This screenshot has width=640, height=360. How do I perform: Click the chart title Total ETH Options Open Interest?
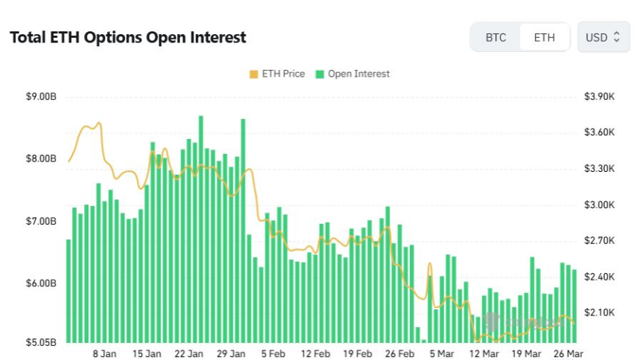(x=127, y=37)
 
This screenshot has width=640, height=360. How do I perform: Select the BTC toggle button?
(x=496, y=37)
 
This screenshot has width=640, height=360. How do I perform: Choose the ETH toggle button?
(x=544, y=37)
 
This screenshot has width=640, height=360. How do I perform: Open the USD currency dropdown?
(x=603, y=37)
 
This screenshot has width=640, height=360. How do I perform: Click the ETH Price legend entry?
(x=277, y=74)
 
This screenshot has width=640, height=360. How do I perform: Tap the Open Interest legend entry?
(x=353, y=74)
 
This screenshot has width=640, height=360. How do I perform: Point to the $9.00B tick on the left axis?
(x=42, y=96)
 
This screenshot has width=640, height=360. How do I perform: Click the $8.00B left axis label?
(x=42, y=158)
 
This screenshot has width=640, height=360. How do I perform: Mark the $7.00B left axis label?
(x=42, y=221)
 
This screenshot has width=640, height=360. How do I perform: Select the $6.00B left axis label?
(x=42, y=283)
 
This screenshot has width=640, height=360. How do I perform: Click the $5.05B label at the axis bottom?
(x=42, y=342)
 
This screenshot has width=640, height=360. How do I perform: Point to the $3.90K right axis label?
(x=599, y=96)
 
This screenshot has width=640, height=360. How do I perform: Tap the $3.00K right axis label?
(x=599, y=205)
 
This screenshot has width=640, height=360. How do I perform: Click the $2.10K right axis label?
(x=599, y=312)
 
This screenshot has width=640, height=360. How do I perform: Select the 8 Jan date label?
(x=104, y=354)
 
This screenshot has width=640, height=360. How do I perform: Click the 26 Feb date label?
(x=401, y=354)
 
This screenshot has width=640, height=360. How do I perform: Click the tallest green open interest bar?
(x=201, y=223)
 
